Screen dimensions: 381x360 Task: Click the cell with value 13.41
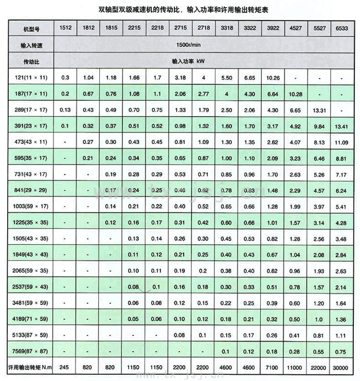point(340,126)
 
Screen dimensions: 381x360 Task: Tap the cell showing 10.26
point(273,77)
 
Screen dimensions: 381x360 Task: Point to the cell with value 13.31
point(318,110)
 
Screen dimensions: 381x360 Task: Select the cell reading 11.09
point(340,142)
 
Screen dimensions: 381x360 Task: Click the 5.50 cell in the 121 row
point(227,77)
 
